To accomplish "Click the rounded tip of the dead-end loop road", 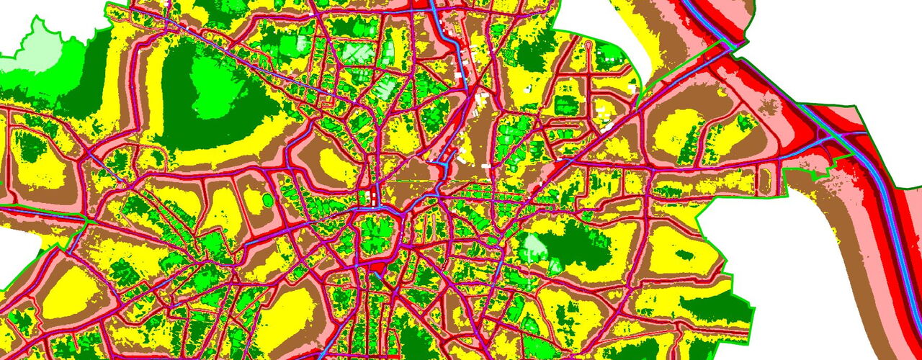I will pos(590,45).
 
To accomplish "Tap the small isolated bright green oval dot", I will pos(268,199).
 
